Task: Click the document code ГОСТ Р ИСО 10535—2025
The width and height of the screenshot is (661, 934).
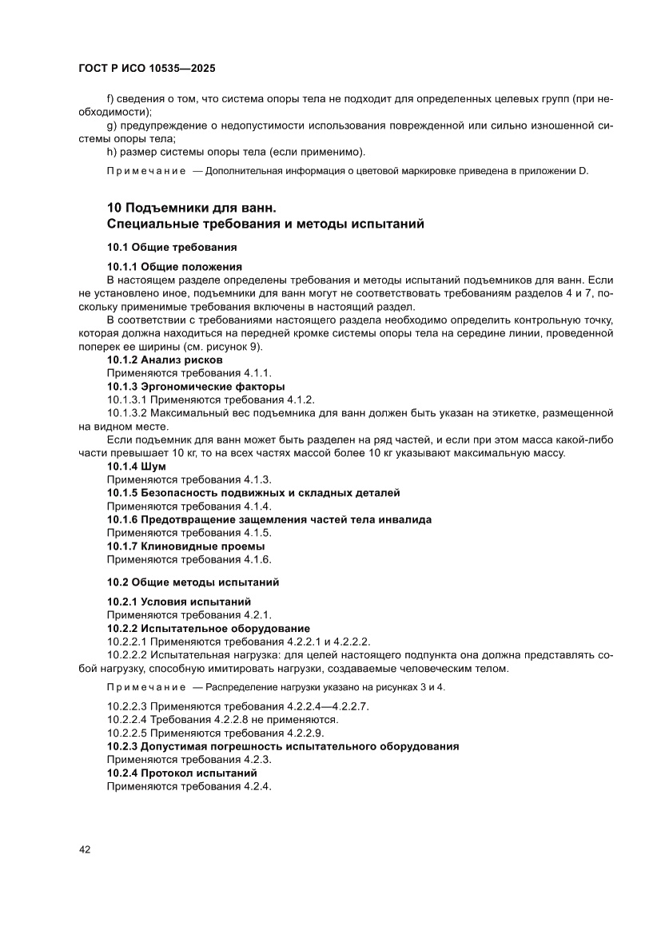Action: tap(147, 69)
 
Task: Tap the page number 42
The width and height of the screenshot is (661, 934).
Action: tap(85, 849)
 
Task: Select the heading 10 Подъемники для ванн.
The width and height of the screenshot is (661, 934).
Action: tap(192, 209)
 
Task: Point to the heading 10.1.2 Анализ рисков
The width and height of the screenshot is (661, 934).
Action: tap(165, 360)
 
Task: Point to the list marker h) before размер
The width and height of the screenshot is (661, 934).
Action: tap(111, 152)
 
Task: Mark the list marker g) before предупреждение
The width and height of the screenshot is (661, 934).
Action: tap(111, 125)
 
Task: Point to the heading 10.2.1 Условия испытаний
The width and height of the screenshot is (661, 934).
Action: tap(180, 601)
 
